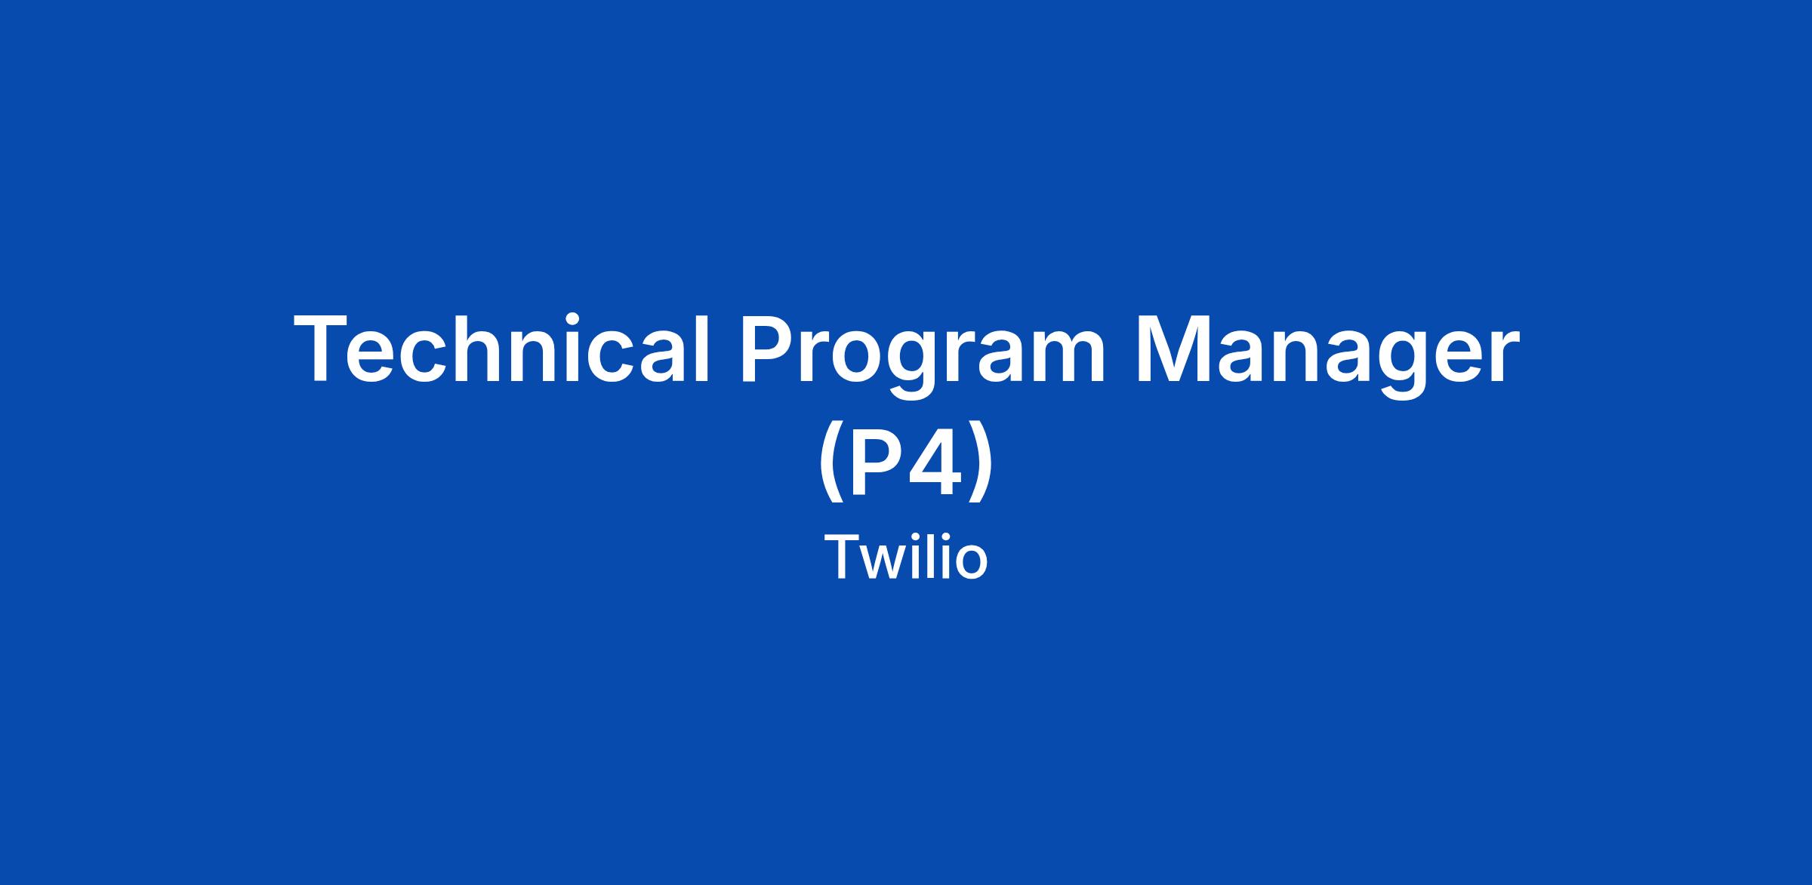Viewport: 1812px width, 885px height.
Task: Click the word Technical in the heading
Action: pos(501,349)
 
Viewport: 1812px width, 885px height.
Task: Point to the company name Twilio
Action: pos(906,557)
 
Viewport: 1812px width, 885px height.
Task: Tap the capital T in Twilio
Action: pos(842,558)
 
